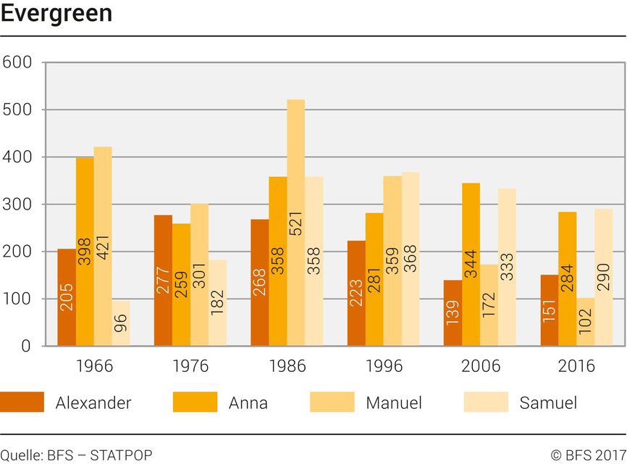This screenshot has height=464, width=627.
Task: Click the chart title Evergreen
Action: pyautogui.click(x=56, y=13)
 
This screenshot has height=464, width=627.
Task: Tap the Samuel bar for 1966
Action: pyautogui.click(x=121, y=323)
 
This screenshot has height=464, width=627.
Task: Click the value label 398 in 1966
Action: pyautogui.click(x=85, y=251)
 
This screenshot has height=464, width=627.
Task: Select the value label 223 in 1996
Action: pyautogui.click(x=356, y=292)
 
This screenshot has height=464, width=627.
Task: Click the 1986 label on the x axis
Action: pyautogui.click(x=287, y=366)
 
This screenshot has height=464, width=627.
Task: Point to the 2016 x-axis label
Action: pyautogui.click(x=576, y=366)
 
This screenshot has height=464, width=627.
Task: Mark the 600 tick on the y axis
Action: pyautogui.click(x=17, y=62)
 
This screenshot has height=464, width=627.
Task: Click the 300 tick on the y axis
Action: pyautogui.click(x=17, y=204)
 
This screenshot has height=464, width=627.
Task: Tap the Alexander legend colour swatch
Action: pyautogui.click(x=22, y=402)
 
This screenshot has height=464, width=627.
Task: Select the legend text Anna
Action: pyautogui.click(x=248, y=403)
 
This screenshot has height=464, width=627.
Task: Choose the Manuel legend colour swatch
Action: pyautogui.click(x=332, y=402)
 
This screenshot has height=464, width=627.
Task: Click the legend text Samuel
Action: pyautogui.click(x=548, y=403)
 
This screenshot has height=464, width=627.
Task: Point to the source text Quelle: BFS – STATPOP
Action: pyautogui.click(x=77, y=455)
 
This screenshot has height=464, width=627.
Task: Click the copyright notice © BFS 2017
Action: pyautogui.click(x=588, y=455)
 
